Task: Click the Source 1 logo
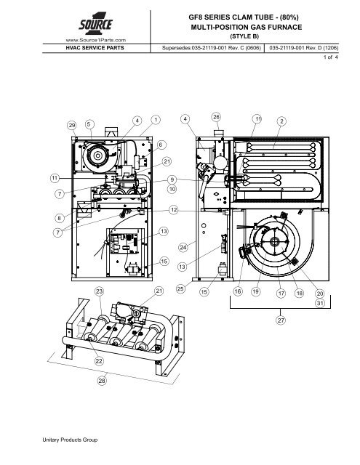[95, 24]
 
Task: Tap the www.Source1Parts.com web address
[95, 40]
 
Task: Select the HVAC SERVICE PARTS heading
[95, 48]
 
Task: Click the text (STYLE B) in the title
[244, 36]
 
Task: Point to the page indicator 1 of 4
[330, 57]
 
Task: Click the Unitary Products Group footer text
[70, 440]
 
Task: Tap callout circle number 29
[72, 125]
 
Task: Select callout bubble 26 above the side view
[216, 117]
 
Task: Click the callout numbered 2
[281, 121]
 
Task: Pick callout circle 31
[320, 303]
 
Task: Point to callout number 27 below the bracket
[281, 320]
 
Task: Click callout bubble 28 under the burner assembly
[102, 381]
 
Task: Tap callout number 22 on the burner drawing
[99, 361]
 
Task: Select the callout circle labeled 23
[99, 291]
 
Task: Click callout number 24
[183, 247]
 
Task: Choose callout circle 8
[60, 218]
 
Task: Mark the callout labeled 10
[172, 189]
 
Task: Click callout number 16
[238, 291]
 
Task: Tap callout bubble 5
[89, 124]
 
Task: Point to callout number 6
[161, 145]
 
